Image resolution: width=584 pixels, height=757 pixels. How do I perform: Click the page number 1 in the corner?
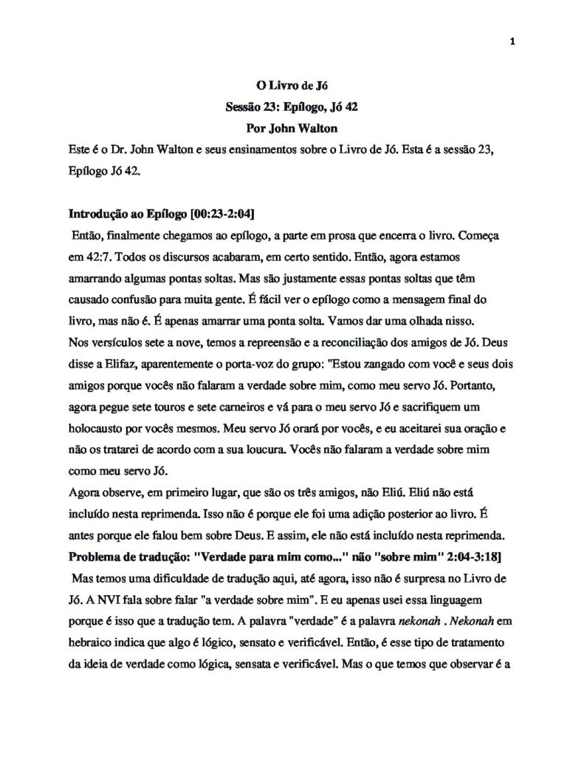click(512, 41)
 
